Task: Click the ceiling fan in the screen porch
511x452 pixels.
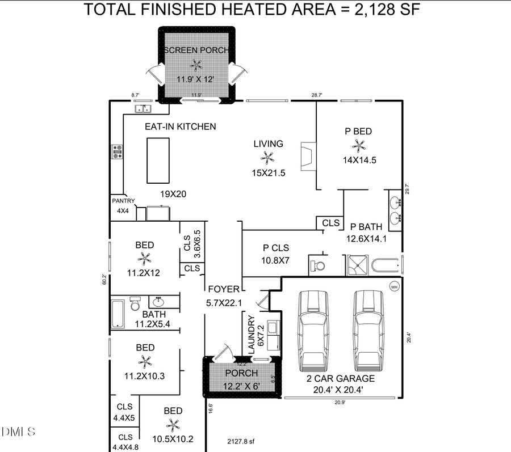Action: click(196, 65)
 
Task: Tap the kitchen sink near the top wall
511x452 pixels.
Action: click(143, 108)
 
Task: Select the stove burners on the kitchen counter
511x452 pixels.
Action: click(117, 150)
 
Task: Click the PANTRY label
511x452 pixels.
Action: click(123, 200)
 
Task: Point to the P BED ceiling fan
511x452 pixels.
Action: click(358, 145)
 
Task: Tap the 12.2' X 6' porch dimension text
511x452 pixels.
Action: click(241, 386)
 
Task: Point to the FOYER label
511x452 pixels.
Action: click(223, 289)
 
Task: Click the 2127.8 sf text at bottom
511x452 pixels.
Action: click(241, 441)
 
